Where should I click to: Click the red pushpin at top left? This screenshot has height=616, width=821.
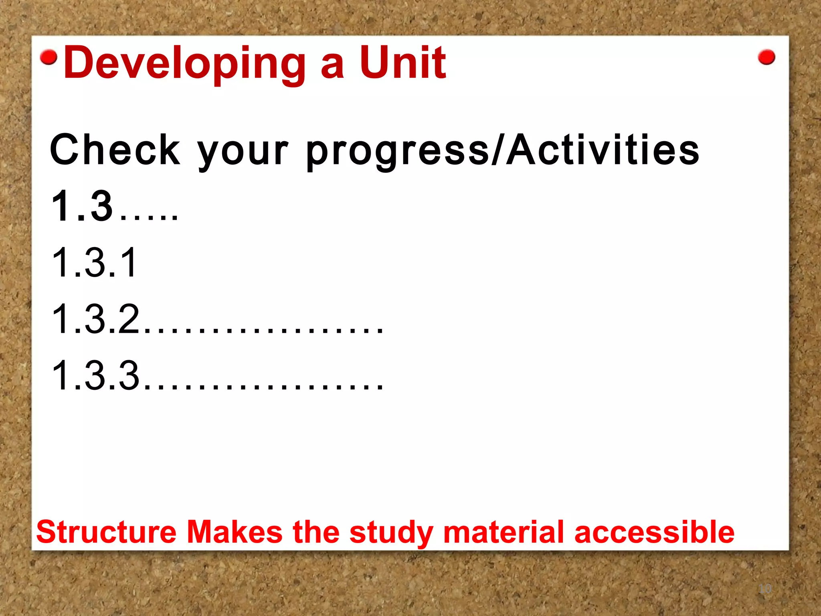pyautogui.click(x=49, y=57)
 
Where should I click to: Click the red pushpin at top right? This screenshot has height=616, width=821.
pyautogui.click(x=766, y=57)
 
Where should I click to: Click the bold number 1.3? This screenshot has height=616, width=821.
pyautogui.click(x=82, y=206)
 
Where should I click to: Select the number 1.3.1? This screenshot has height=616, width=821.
pyautogui.click(x=95, y=263)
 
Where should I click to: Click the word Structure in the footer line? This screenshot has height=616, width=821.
pyautogui.click(x=106, y=532)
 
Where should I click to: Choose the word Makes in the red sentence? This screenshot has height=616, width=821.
pyautogui.click(x=235, y=532)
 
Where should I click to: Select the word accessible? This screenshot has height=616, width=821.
pyautogui.click(x=654, y=532)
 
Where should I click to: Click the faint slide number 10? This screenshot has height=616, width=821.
pyautogui.click(x=765, y=589)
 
